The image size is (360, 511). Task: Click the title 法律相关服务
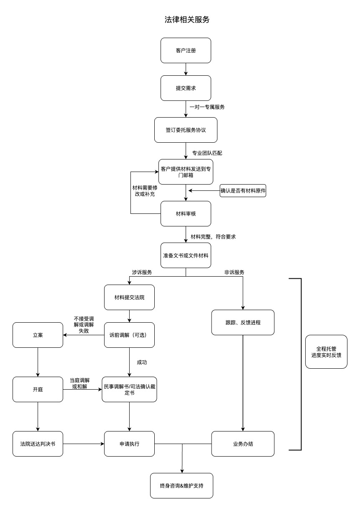pyautogui.click(x=186, y=20)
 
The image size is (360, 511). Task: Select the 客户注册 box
pyautogui.click(x=186, y=51)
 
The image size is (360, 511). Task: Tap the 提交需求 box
pyautogui.click(x=186, y=88)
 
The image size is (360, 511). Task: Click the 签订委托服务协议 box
pyautogui.click(x=186, y=130)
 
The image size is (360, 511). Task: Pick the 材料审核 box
pyautogui.click(x=186, y=213)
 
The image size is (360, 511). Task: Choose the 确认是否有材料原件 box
pyautogui.click(x=243, y=191)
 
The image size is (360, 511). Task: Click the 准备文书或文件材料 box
pyautogui.click(x=186, y=255)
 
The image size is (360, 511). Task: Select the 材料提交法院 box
pyautogui.click(x=129, y=297)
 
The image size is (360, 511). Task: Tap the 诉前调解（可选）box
pyautogui.click(x=129, y=335)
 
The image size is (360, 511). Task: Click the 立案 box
pyautogui.click(x=38, y=335)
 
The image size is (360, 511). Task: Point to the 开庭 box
pyautogui.click(x=38, y=389)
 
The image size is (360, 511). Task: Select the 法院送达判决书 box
pyautogui.click(x=38, y=444)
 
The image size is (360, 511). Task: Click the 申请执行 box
pyautogui.click(x=129, y=444)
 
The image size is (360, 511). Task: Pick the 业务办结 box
pyautogui.click(x=243, y=444)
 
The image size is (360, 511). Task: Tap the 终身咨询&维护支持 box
pyautogui.click(x=181, y=485)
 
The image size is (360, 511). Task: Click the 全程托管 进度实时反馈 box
pyautogui.click(x=326, y=352)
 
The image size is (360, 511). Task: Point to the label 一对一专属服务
pyautogui.click(x=207, y=107)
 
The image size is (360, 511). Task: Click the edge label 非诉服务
pyautogui.click(x=234, y=272)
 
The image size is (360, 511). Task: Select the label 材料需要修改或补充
pyautogui.click(x=144, y=191)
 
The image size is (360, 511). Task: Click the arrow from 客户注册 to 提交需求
pyautogui.click(x=186, y=69)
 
